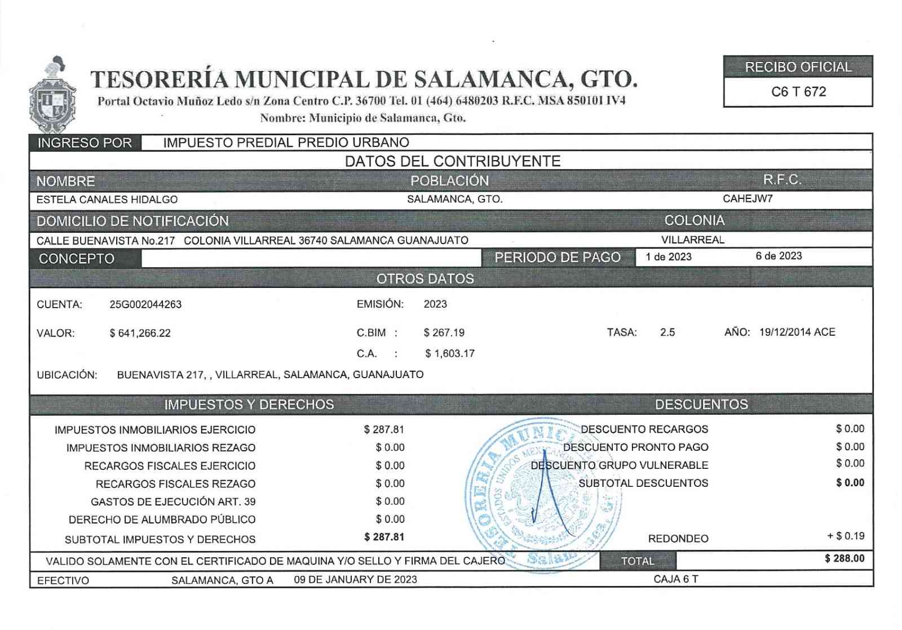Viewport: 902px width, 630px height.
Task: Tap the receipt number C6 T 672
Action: (x=798, y=92)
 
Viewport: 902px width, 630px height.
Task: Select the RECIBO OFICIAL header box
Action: (x=798, y=67)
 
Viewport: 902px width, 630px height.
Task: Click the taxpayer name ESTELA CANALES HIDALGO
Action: (x=107, y=199)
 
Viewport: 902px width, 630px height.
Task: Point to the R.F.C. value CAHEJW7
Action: (x=748, y=199)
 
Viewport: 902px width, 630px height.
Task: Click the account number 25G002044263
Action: (x=145, y=304)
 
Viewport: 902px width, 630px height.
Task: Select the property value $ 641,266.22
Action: (x=140, y=333)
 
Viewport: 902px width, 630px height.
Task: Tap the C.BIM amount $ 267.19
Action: (x=444, y=332)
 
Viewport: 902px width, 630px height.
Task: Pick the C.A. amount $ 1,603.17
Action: (x=450, y=353)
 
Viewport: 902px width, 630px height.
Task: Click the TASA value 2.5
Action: (x=667, y=332)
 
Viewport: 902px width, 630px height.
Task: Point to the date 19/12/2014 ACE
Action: (x=797, y=332)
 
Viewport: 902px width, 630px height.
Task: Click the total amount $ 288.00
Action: (x=844, y=558)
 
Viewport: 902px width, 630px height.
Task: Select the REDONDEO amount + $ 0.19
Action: (x=846, y=536)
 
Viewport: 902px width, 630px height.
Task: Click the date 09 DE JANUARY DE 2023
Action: (x=355, y=580)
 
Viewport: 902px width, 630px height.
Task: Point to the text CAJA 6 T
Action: (x=676, y=579)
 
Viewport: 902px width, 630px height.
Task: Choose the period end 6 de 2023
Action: (x=779, y=256)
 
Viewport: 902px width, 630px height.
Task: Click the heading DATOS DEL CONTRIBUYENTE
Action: (x=452, y=161)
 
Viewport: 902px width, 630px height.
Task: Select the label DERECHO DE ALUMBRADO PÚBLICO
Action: (x=162, y=520)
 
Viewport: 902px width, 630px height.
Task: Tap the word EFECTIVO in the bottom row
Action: (x=63, y=580)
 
